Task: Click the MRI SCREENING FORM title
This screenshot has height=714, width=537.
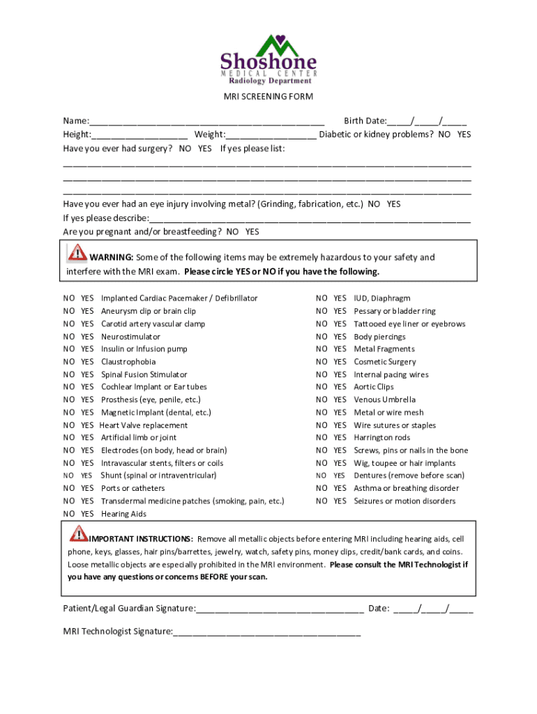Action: point(268,97)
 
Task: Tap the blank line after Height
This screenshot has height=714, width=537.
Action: point(139,135)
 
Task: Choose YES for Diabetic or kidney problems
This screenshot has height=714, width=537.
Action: point(464,134)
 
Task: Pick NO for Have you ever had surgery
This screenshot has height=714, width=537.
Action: point(185,149)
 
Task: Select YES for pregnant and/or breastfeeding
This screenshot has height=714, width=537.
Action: point(252,231)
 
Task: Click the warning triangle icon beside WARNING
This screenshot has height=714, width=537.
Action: point(77,252)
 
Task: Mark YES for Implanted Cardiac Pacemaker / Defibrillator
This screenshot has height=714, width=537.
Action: point(87,298)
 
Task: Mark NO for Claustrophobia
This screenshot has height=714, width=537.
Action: point(69,362)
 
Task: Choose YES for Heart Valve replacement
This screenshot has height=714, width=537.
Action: point(87,425)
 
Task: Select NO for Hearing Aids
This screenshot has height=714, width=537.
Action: point(69,514)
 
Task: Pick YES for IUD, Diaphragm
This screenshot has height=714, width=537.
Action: point(340,298)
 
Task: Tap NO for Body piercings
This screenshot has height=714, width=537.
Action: point(322,337)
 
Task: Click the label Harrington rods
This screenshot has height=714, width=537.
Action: point(382,438)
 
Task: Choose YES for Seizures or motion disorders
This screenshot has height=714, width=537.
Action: point(340,501)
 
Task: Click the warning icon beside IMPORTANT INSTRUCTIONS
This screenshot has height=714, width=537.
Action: point(78,535)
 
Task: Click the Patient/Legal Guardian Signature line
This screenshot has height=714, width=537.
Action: point(280,609)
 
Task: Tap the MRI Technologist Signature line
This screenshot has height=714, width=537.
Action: point(267,632)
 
